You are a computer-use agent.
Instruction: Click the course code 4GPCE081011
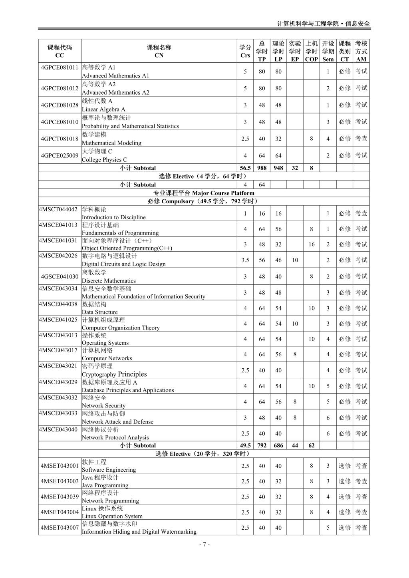[x=60, y=67]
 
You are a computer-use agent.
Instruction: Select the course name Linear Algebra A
[x=103, y=109]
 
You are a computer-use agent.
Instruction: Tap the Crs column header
[x=245, y=51]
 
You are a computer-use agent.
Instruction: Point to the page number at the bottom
[x=204, y=544]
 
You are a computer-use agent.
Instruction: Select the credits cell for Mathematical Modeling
[x=245, y=139]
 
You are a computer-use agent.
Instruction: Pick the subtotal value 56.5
[x=245, y=168]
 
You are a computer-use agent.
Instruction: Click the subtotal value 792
[x=262, y=445]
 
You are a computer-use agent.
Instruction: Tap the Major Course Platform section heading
[x=204, y=193]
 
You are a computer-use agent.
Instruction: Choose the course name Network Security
[x=103, y=405]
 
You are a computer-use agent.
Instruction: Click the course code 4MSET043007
[x=60, y=528]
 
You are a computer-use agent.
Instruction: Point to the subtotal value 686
[x=278, y=445]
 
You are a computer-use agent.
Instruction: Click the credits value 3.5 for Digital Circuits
[x=245, y=260]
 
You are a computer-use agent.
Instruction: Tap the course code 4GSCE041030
[x=60, y=276]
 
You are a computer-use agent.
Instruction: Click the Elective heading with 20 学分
[x=204, y=454]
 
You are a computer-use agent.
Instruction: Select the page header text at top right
[x=324, y=24]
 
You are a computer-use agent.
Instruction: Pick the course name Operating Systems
[x=105, y=343]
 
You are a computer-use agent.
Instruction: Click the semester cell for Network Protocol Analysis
[x=328, y=433]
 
